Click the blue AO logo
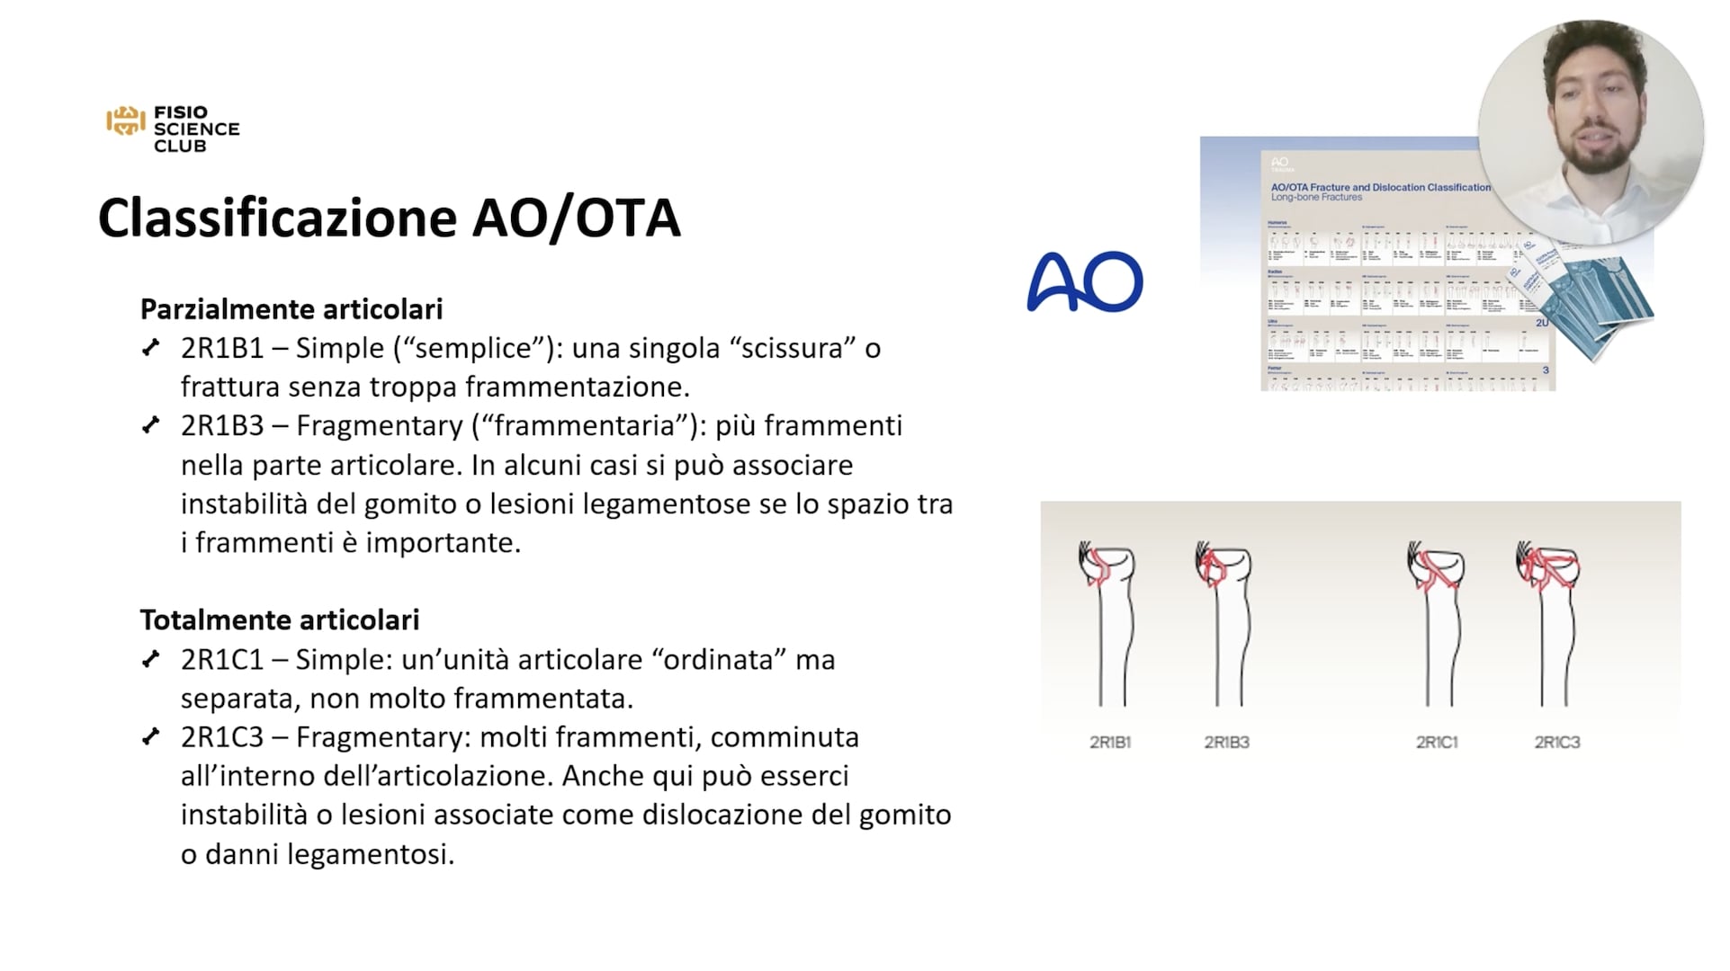1084,282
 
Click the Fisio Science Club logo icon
125,120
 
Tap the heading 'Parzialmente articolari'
291,309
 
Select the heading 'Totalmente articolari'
280,620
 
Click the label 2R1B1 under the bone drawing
1110,743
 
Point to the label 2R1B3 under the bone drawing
1226,743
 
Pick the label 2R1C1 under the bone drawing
1437,743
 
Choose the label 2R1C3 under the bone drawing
1557,743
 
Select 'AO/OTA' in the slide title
577,218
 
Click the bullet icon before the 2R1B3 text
151,425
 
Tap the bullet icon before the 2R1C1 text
151,660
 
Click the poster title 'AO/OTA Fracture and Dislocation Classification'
1380,187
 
